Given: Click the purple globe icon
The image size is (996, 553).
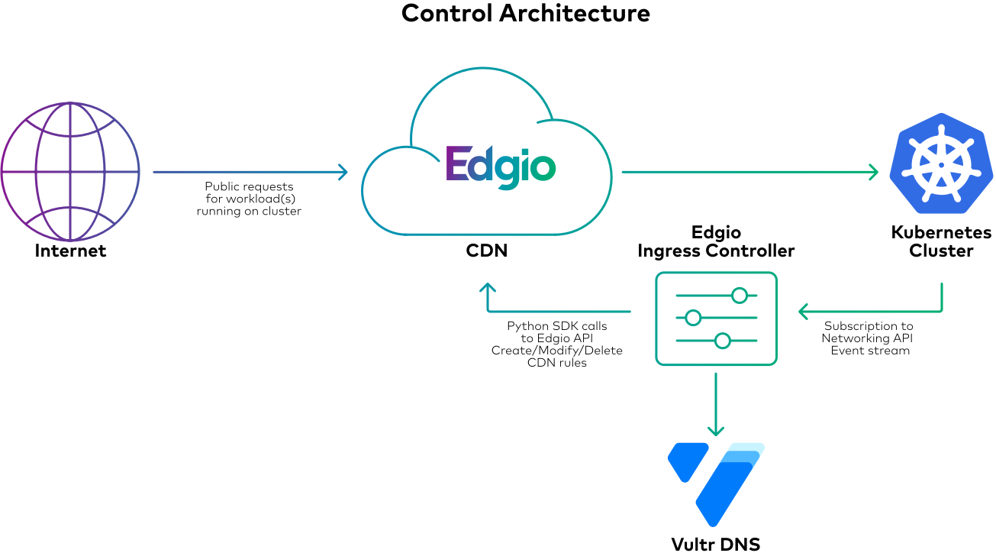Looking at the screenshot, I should [x=70, y=172].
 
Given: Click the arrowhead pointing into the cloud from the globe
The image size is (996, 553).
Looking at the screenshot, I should [x=344, y=172].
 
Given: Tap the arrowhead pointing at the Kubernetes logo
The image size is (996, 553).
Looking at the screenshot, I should [x=875, y=172].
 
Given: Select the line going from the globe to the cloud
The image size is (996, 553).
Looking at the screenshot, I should [x=244, y=172].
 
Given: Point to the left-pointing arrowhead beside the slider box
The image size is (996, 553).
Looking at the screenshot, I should [x=802, y=312].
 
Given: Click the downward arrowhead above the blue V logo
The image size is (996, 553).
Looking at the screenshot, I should [x=715, y=432].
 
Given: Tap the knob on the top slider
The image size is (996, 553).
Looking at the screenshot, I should [x=739, y=296].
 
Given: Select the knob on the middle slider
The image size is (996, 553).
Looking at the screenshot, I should [x=693, y=318].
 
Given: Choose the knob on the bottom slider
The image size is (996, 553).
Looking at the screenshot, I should [x=723, y=341].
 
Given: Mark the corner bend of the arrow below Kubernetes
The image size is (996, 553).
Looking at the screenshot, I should [x=942, y=311].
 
